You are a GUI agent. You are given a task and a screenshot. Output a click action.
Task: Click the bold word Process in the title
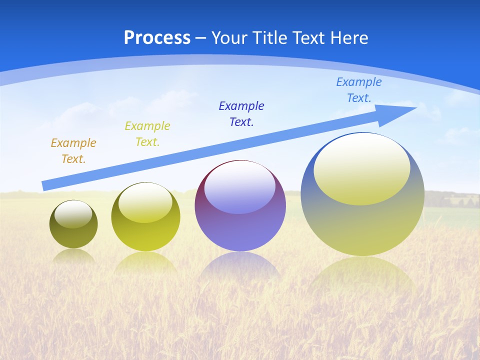point(157,38)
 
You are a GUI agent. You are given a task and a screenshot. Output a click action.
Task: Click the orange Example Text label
point(73,151)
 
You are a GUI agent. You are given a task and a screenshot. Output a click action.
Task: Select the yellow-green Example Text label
point(147,134)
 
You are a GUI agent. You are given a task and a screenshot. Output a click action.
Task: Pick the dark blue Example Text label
point(241,114)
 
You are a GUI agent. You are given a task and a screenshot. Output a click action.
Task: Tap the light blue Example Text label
point(358,90)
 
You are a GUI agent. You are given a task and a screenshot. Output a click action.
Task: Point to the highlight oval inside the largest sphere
point(362,169)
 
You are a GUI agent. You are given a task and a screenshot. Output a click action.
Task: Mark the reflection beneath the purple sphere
point(240,265)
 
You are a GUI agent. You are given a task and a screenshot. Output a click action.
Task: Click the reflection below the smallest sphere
point(73,256)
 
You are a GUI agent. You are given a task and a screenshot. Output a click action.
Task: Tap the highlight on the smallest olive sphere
point(73,214)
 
